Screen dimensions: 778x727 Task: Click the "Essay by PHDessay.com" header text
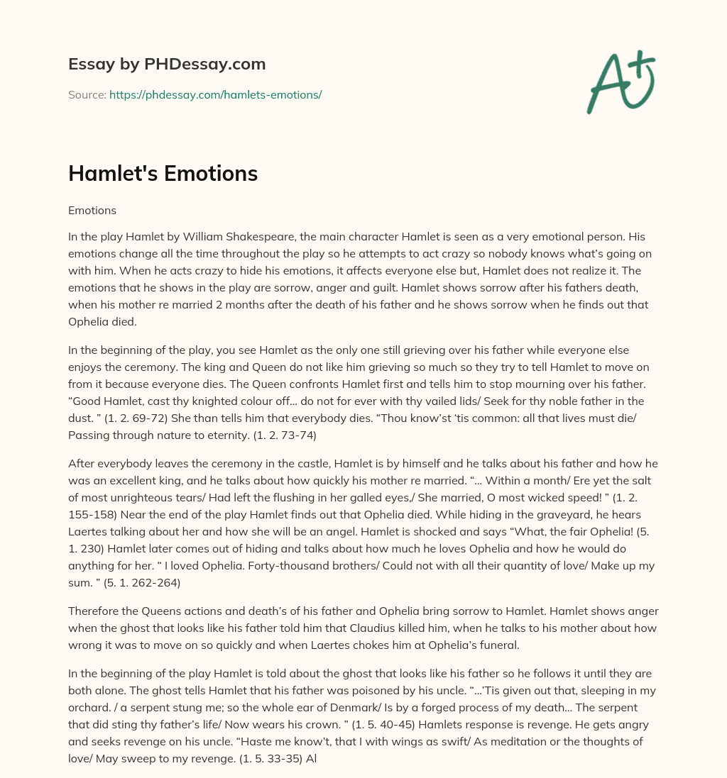pos(167,65)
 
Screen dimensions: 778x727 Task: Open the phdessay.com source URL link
pos(215,94)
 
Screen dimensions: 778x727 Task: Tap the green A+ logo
pos(620,82)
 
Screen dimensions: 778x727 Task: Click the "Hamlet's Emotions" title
pos(163,174)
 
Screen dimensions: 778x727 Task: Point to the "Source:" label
pos(87,94)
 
